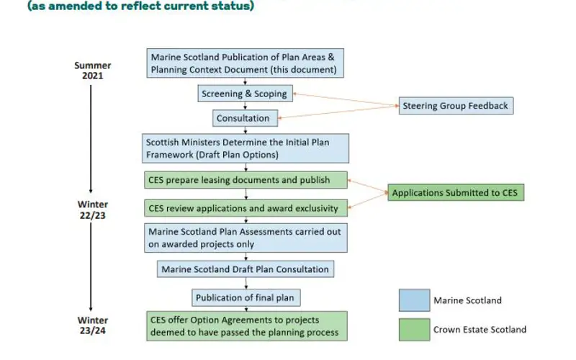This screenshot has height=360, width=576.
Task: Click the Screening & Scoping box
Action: pyautogui.click(x=244, y=94)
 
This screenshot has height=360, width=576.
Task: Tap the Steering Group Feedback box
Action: pyautogui.click(x=455, y=106)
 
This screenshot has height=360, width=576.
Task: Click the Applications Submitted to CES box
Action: pyautogui.click(x=456, y=192)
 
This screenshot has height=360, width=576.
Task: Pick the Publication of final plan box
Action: pyautogui.click(x=243, y=297)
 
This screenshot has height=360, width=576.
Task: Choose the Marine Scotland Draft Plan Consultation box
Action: pyautogui.click(x=245, y=269)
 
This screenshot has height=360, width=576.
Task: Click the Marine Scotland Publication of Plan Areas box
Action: pyautogui.click(x=244, y=63)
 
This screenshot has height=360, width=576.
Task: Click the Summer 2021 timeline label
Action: pyautogui.click(x=92, y=71)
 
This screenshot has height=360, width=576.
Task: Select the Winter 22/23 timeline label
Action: pyautogui.click(x=92, y=210)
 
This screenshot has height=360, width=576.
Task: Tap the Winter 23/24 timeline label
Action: pyautogui.click(x=92, y=325)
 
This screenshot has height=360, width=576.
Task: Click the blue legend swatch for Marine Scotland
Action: pyautogui.click(x=414, y=300)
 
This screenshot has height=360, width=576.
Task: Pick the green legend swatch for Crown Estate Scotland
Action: pyautogui.click(x=414, y=329)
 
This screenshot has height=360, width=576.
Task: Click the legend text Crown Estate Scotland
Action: pyautogui.click(x=480, y=330)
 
